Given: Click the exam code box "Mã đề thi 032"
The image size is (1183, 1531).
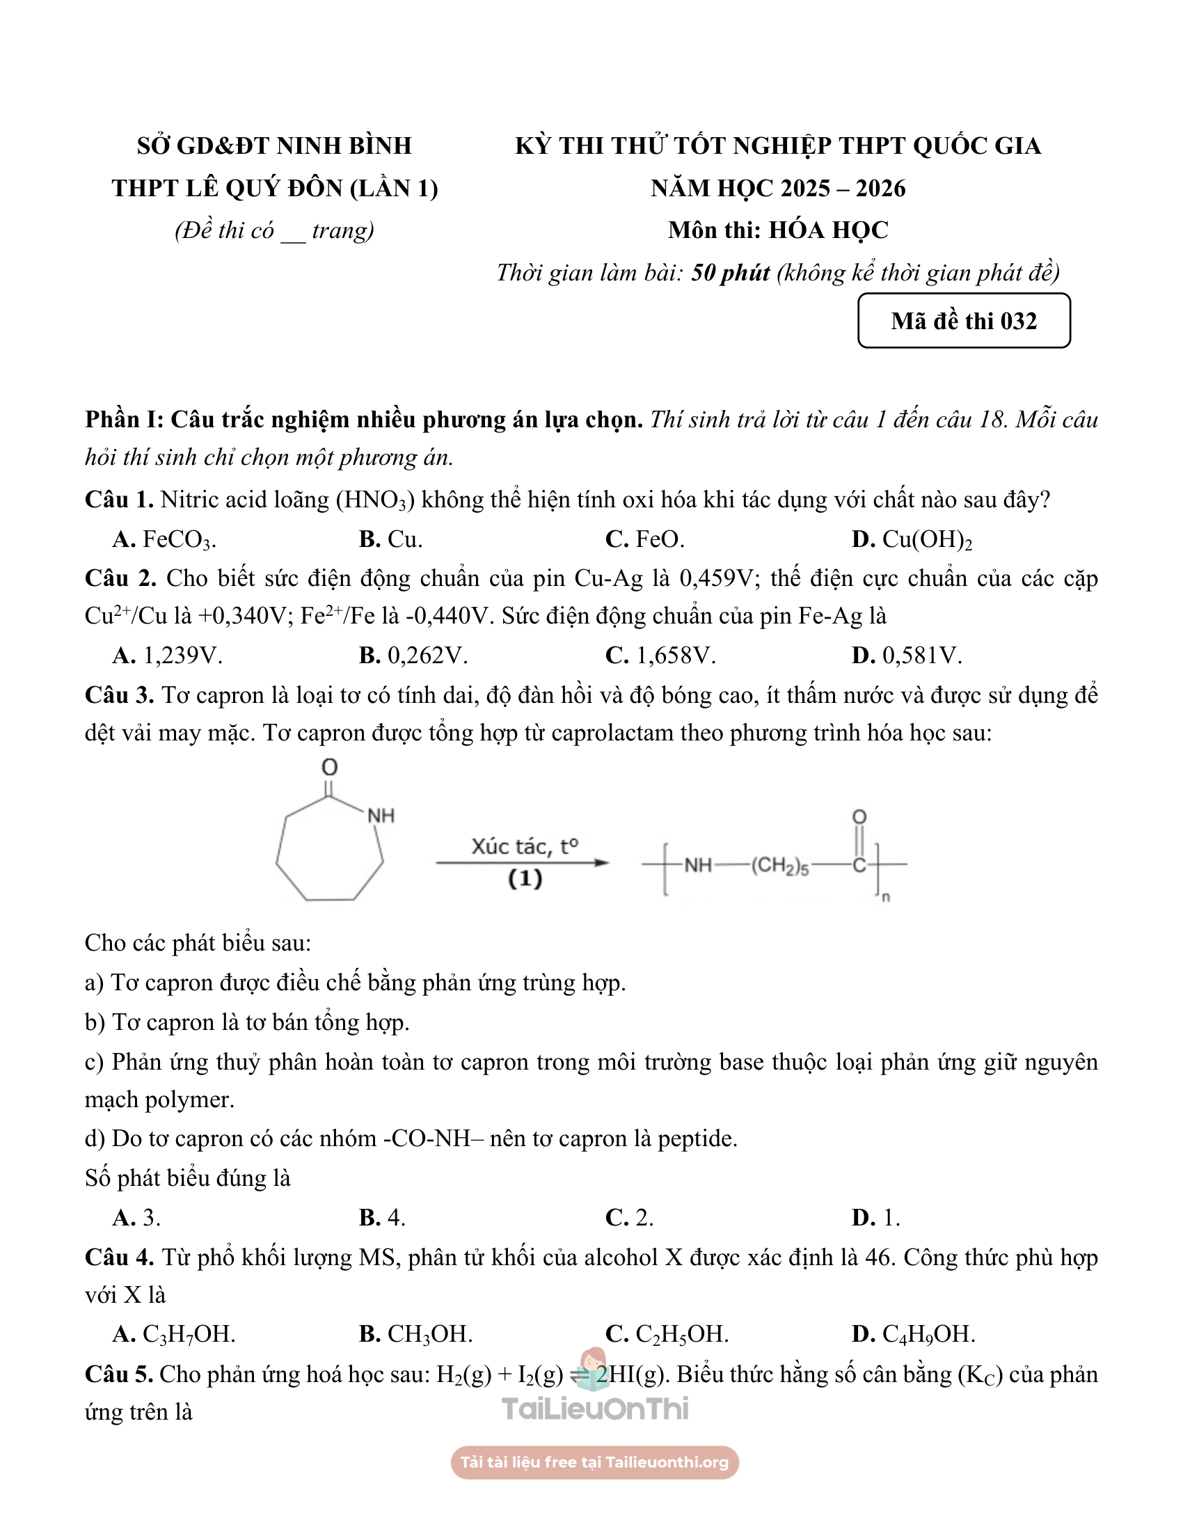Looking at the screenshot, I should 964,320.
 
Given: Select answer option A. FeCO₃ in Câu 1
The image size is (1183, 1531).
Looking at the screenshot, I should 165,539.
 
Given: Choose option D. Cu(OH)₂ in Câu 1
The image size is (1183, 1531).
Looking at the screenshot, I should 912,539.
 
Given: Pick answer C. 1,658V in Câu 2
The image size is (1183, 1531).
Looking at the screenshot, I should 660,656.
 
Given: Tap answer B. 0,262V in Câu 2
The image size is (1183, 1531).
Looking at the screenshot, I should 413,656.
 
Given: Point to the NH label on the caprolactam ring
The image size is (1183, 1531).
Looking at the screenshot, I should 381,816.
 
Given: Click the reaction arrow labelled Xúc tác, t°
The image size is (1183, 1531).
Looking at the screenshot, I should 523,863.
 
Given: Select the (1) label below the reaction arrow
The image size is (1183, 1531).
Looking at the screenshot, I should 525,878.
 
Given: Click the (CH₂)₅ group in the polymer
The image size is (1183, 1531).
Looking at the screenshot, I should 780,866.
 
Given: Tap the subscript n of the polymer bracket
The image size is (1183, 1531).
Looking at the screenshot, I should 886,896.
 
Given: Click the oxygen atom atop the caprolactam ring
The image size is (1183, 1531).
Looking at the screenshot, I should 329,767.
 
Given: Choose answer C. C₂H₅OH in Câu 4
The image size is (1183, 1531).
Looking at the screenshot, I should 667,1333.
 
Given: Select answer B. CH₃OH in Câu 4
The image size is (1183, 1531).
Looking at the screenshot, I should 416,1333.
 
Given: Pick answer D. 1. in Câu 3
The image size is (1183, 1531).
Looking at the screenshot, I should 876,1218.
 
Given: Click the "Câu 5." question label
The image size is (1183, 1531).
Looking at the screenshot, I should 118,1374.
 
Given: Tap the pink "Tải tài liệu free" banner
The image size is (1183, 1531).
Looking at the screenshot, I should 594,1462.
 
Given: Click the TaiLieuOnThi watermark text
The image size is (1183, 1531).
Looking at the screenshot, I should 595,1409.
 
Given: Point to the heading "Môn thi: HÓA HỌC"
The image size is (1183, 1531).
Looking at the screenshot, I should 778,230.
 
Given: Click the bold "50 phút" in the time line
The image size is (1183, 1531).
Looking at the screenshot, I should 730,273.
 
